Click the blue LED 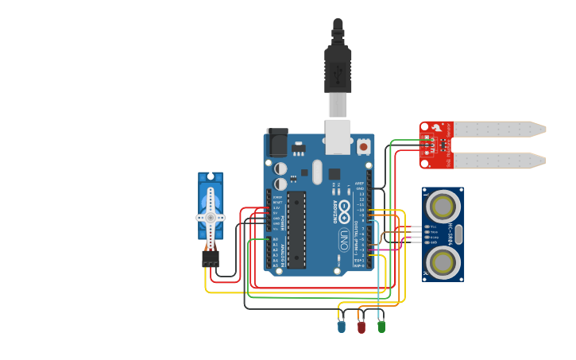(x=342, y=326)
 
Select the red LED (x=361, y=326)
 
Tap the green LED (x=381, y=326)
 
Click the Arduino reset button (x=363, y=146)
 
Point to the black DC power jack (x=276, y=142)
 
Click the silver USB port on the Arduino (x=338, y=137)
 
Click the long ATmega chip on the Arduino (x=296, y=229)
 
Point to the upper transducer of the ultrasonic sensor (x=443, y=207)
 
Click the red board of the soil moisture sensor (x=435, y=145)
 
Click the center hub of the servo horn (x=211, y=217)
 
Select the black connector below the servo (x=211, y=258)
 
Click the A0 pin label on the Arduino (x=276, y=239)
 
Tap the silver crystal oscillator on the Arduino (x=317, y=172)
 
